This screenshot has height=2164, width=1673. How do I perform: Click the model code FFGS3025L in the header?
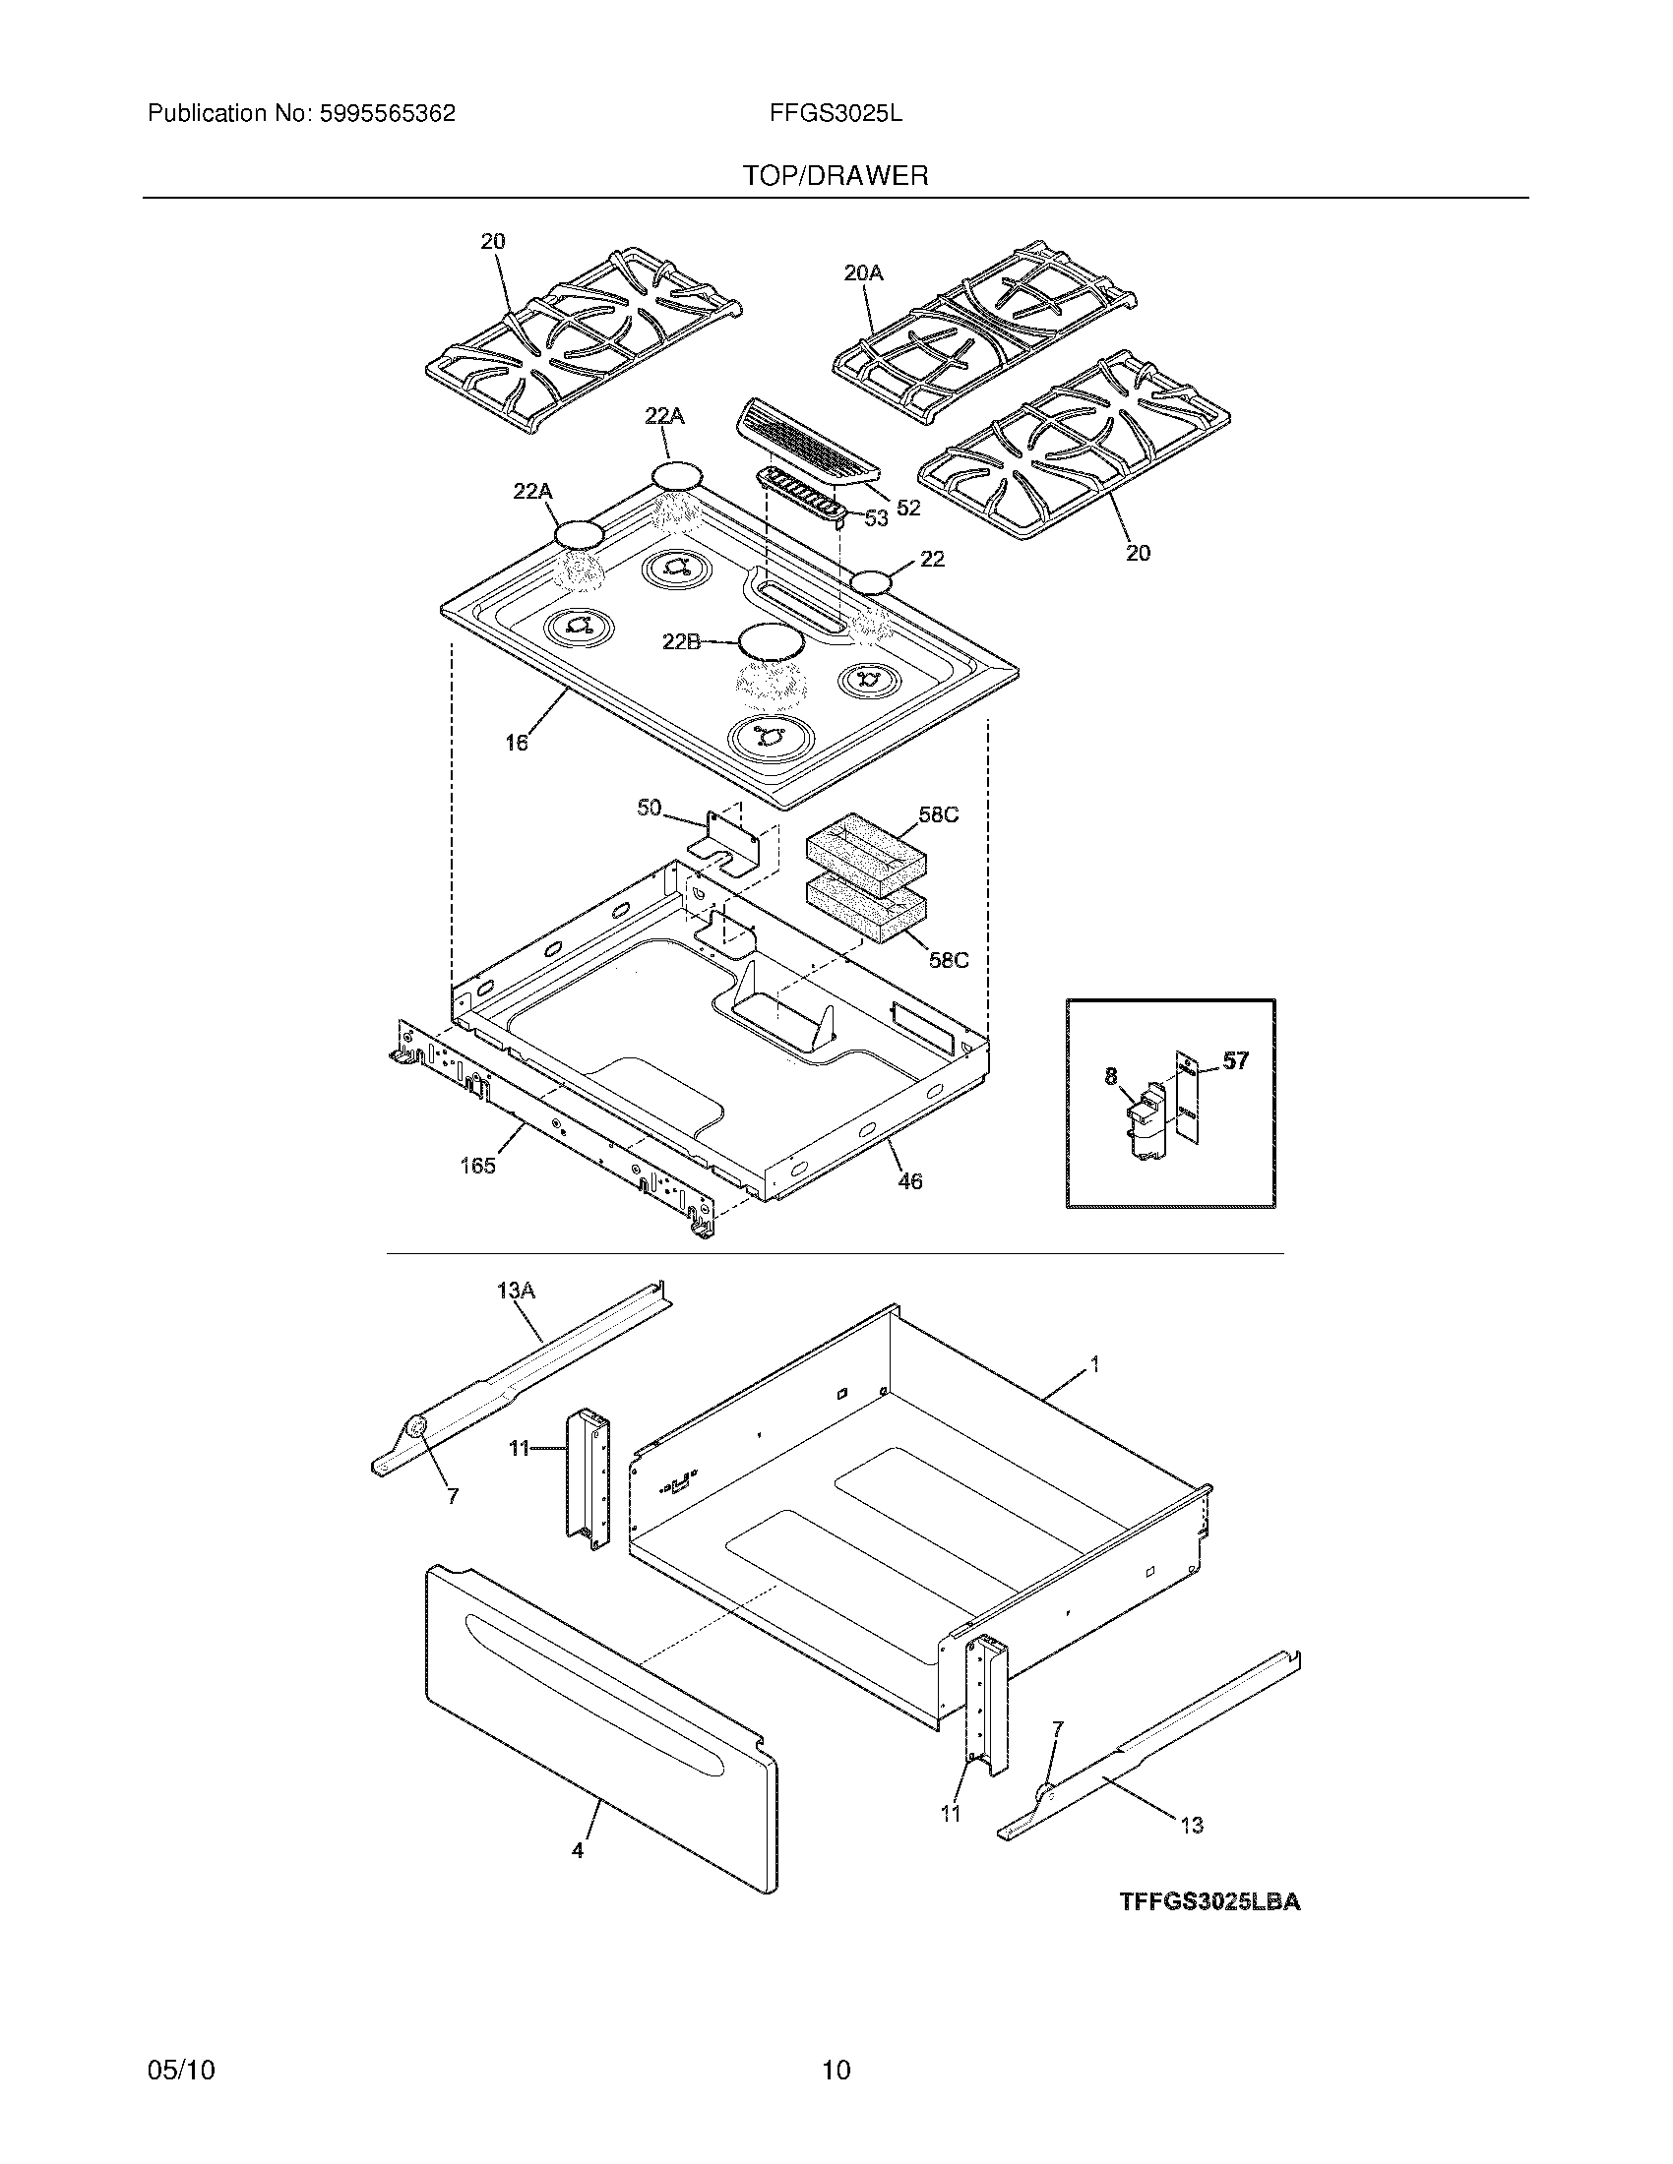[x=836, y=114]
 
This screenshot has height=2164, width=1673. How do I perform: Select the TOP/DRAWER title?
[x=836, y=176]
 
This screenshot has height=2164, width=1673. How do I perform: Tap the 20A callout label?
[x=863, y=272]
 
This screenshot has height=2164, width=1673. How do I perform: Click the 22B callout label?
[x=681, y=642]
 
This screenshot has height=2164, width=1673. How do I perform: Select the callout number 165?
[x=477, y=1166]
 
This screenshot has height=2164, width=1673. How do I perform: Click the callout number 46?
[x=909, y=1180]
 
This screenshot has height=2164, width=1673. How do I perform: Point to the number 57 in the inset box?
[x=1235, y=1061]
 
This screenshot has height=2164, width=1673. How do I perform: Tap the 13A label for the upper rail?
[x=516, y=1291]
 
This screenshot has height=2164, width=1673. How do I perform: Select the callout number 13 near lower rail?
[x=1192, y=1824]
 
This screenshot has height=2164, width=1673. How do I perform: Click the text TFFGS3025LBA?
[x=1209, y=1901]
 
